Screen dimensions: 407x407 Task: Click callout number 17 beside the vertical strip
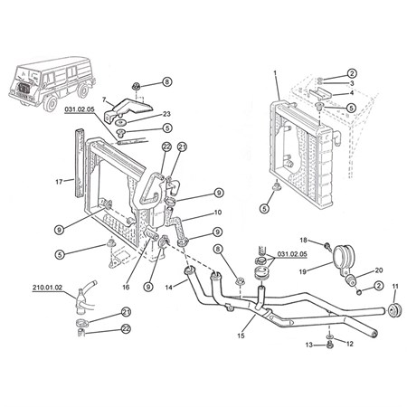coord(59,182)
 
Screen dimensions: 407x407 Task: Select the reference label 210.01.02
coord(47,288)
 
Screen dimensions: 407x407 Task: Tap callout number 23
coord(166,114)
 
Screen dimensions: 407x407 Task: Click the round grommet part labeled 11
coord(394,310)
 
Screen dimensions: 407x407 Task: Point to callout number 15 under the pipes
coord(241,336)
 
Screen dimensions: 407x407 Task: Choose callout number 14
coord(169,288)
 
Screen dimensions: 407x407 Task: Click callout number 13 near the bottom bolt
coord(309,345)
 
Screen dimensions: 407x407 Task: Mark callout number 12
coord(349,344)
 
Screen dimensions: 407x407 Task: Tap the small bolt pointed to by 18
coord(327,247)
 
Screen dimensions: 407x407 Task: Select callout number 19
coord(303,271)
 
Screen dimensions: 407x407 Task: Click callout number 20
coord(379,270)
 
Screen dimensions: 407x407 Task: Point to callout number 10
coord(218,213)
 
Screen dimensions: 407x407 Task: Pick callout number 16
coord(126,287)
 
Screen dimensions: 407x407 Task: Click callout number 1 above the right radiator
coord(275,72)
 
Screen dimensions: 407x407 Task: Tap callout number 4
coord(352,93)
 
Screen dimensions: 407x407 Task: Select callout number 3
coord(352,83)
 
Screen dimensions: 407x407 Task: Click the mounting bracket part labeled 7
coord(128,109)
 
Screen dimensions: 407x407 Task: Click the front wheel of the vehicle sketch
coord(51,101)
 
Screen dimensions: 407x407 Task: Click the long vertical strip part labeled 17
coord(80,163)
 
